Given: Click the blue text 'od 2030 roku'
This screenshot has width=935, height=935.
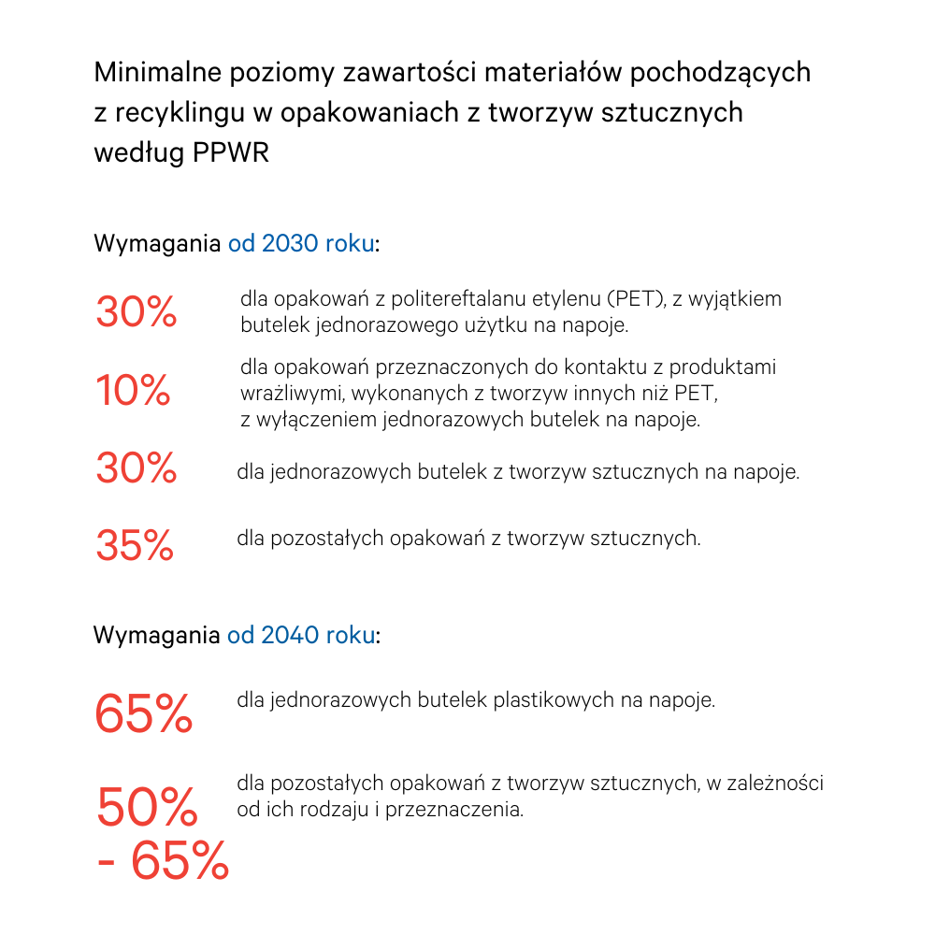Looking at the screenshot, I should (301, 245).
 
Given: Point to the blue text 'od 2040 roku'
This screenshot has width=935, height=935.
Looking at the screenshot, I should (301, 637).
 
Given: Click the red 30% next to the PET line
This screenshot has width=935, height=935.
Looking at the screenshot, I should (136, 312).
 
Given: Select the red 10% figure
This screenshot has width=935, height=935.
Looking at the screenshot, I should (133, 390).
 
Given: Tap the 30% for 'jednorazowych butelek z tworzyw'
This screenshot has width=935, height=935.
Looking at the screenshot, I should (136, 468).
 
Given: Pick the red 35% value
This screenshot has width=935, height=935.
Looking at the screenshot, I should (135, 545).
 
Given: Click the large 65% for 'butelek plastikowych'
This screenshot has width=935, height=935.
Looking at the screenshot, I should (143, 714).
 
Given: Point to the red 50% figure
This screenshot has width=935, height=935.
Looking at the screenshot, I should (147, 806).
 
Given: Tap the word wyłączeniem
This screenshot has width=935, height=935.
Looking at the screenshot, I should (314, 420).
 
